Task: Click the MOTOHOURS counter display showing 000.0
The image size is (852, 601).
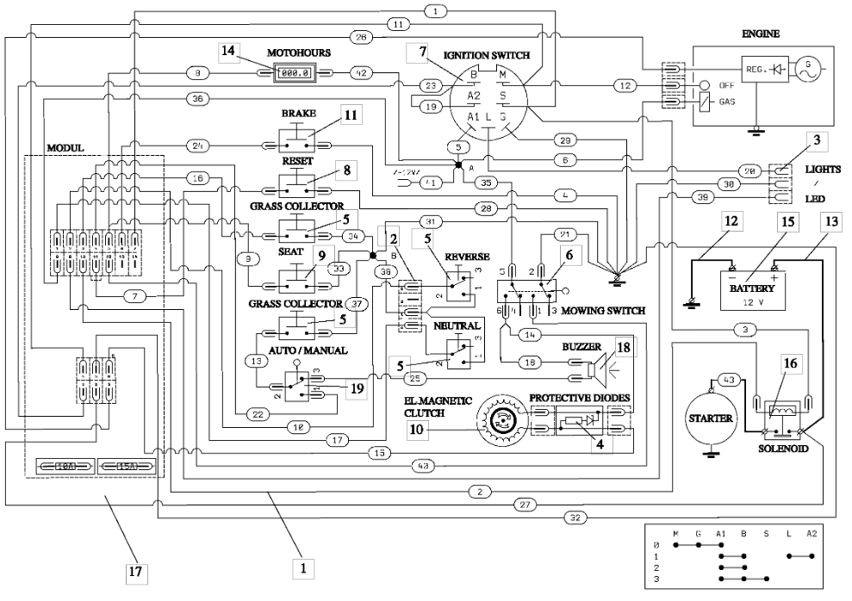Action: (x=291, y=73)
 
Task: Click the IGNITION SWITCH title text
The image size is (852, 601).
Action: (x=487, y=54)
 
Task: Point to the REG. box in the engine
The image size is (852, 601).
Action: (x=757, y=66)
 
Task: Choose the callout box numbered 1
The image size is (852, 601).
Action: (x=302, y=568)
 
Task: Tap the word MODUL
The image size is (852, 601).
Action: (x=65, y=147)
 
